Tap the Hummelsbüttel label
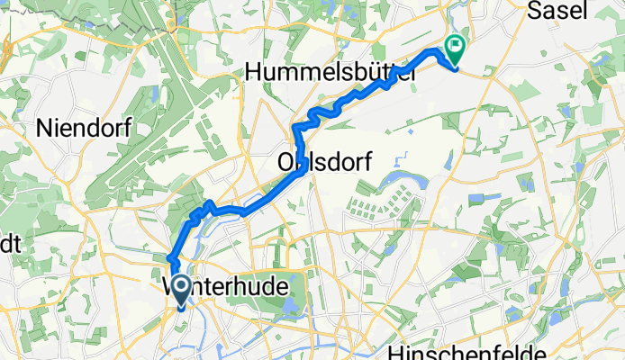pyautogui.click(x=330, y=71)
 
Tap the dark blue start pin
pyautogui.click(x=180, y=291)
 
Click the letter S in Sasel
pyautogui.click(x=534, y=11)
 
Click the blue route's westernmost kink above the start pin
pyautogui.click(x=169, y=260)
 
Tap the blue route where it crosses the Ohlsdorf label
pyautogui.click(x=296, y=160)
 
